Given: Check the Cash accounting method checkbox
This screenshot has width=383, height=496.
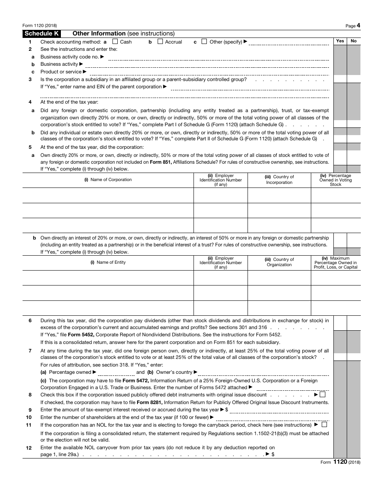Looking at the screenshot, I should (115, 42).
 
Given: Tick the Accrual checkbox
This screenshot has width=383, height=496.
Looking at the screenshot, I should (160, 42).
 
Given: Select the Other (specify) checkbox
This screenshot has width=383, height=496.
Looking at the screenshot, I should (204, 42).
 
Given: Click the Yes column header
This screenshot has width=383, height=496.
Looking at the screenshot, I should (340, 41).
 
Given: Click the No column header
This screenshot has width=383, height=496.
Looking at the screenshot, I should (354, 41).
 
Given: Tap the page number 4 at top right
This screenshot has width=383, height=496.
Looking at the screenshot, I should (358, 25).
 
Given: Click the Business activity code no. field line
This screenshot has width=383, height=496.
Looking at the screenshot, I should (218, 57).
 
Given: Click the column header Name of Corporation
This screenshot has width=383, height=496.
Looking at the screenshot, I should (108, 180).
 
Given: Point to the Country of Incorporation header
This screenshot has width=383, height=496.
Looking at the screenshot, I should (279, 180).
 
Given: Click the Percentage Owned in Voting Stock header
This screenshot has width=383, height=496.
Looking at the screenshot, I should (335, 180).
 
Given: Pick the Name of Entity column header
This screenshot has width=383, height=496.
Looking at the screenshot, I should (108, 263).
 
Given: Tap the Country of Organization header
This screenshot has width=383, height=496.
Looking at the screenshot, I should (279, 263).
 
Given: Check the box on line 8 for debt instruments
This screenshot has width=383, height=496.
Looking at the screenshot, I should (322, 395).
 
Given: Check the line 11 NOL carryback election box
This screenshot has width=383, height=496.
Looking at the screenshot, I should (325, 425).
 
